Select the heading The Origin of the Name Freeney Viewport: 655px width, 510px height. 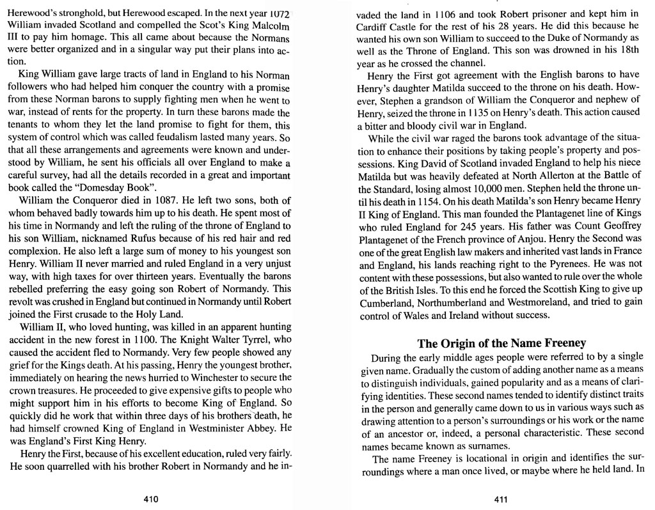[501, 343]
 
